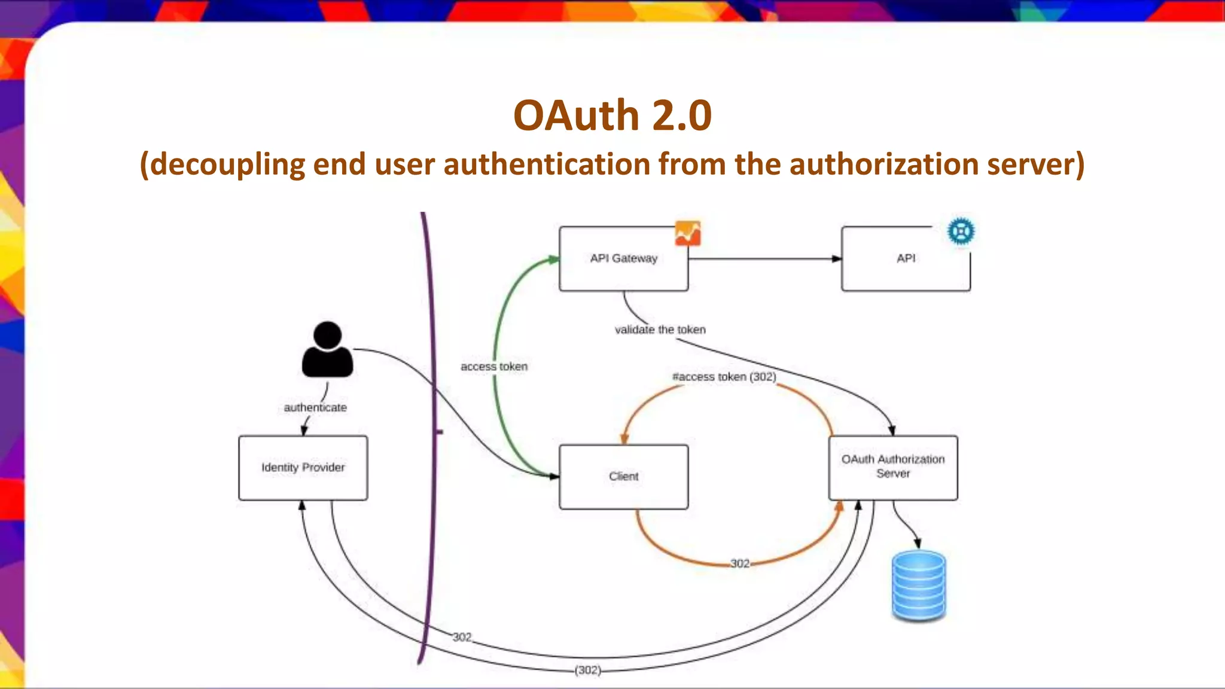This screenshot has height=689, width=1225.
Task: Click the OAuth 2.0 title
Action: (x=612, y=115)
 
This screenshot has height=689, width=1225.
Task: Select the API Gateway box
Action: (x=623, y=259)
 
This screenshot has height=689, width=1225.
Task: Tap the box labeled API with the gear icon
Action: (x=906, y=259)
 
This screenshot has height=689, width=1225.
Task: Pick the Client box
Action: (x=623, y=477)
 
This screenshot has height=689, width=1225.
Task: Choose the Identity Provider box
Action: (x=303, y=468)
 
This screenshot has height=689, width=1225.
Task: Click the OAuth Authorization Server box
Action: (x=892, y=467)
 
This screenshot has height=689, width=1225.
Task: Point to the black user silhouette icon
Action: (x=327, y=350)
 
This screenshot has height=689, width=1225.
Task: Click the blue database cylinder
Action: (x=919, y=586)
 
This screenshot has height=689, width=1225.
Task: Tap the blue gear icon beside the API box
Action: (x=961, y=231)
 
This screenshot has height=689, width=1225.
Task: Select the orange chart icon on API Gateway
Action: (x=688, y=233)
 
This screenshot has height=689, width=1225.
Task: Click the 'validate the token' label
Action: (x=660, y=330)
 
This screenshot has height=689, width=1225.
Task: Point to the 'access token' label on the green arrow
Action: (x=494, y=367)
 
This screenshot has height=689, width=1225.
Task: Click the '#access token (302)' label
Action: (x=724, y=377)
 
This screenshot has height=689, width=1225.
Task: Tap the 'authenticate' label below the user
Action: (x=315, y=407)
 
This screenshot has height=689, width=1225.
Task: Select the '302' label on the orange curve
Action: (x=740, y=563)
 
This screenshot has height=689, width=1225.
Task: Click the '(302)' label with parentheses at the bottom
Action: (x=588, y=670)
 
